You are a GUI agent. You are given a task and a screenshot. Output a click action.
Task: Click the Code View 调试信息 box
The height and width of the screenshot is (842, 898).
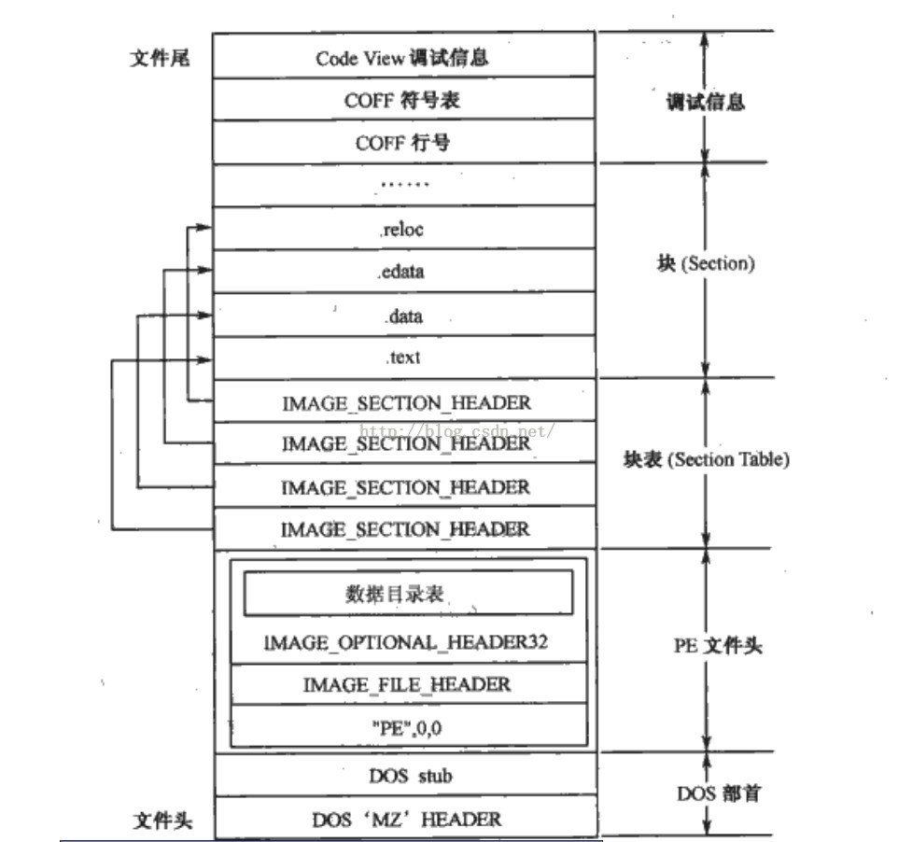coord(402,57)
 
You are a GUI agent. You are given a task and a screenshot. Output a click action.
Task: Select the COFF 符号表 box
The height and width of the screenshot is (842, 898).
coord(402,100)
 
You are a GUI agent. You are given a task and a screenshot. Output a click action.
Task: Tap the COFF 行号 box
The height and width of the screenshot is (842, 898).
coord(402,143)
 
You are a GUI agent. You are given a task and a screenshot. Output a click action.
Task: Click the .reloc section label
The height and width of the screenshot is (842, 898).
coord(402,230)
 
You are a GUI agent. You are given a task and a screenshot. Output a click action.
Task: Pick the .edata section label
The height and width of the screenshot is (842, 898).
coord(402,273)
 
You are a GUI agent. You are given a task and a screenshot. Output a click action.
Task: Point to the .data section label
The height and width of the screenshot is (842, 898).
coord(402,316)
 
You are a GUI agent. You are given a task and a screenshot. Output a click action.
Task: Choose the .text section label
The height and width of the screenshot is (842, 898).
coord(402,358)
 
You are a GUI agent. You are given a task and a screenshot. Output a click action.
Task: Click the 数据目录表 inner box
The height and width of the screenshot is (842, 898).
coord(408,594)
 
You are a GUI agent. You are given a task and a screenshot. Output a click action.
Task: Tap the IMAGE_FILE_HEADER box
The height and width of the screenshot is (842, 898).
coord(407,684)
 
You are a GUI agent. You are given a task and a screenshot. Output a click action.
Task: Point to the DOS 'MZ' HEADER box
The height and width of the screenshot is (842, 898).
coord(406,819)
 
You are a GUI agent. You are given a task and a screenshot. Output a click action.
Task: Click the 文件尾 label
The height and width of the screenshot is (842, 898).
coord(159,57)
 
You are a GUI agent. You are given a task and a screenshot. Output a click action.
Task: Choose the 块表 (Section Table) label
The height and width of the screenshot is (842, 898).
coord(707,459)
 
